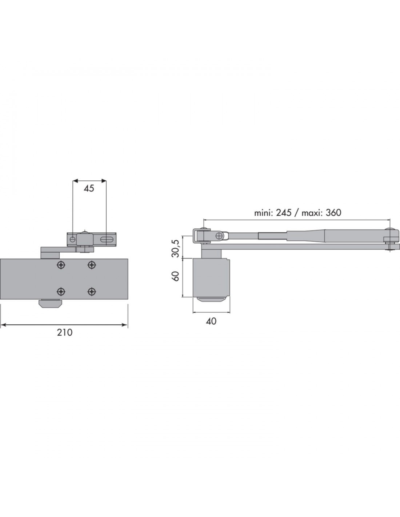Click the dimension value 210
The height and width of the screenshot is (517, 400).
(64, 332)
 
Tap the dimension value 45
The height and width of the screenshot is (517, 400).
(89, 188)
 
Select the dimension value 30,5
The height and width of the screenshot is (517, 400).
(176, 249)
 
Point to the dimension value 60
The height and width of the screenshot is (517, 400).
(176, 276)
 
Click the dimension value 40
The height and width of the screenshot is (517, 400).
(211, 321)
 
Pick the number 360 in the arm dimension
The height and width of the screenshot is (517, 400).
(333, 213)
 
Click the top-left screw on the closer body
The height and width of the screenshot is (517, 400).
(61, 265)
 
